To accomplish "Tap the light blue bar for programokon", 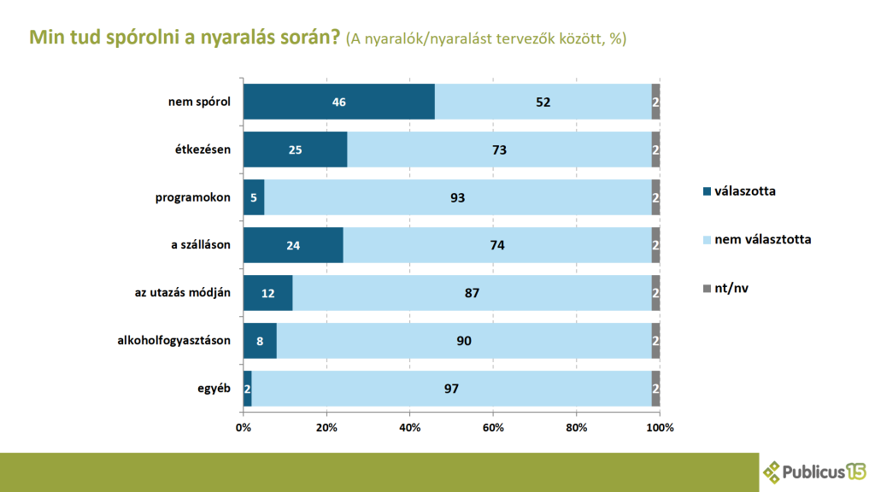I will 458,197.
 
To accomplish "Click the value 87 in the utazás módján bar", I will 472,293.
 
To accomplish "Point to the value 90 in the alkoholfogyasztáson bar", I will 464,341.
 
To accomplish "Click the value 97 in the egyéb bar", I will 452,389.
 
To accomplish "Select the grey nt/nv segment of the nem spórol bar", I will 655,102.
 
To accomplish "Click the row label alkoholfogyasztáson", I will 174,342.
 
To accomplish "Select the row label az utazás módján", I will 184,294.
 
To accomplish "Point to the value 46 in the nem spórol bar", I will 339,102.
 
